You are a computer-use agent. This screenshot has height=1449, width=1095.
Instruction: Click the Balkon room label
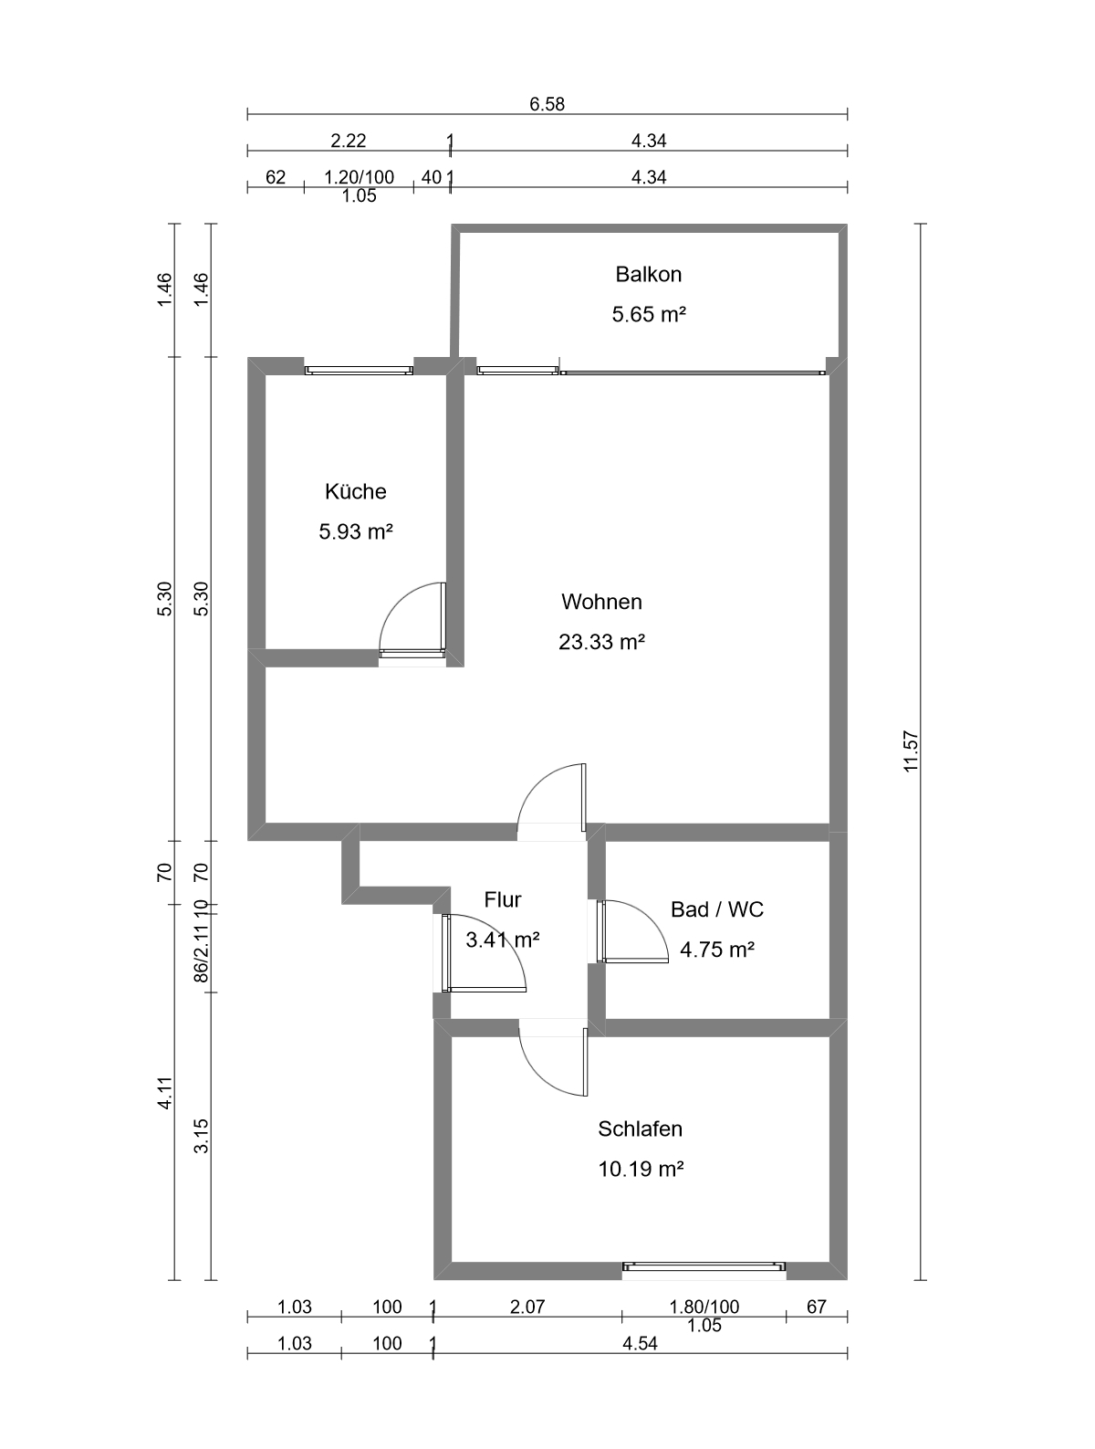tap(648, 274)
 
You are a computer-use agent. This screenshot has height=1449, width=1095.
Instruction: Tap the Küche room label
tap(356, 491)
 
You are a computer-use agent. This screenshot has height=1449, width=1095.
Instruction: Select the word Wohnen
tap(601, 602)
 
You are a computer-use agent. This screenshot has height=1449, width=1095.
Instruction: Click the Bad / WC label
tap(717, 909)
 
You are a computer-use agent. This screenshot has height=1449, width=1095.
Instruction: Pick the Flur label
tap(503, 899)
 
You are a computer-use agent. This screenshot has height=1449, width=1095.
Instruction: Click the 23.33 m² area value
tap(601, 641)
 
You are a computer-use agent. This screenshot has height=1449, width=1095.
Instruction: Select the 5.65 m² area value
tap(649, 313)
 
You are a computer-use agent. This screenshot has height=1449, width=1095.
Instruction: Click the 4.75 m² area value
tap(717, 950)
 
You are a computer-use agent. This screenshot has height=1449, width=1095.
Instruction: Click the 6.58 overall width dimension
tap(547, 104)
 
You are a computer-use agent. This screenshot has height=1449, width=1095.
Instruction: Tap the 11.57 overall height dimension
tap(911, 751)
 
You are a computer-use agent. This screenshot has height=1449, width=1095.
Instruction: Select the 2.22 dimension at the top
tap(349, 141)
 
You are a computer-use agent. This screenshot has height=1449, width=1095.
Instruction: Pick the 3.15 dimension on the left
tap(201, 1136)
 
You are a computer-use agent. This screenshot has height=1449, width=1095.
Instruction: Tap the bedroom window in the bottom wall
tap(704, 1266)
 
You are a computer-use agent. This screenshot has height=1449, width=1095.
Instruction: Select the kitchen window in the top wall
tap(359, 371)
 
